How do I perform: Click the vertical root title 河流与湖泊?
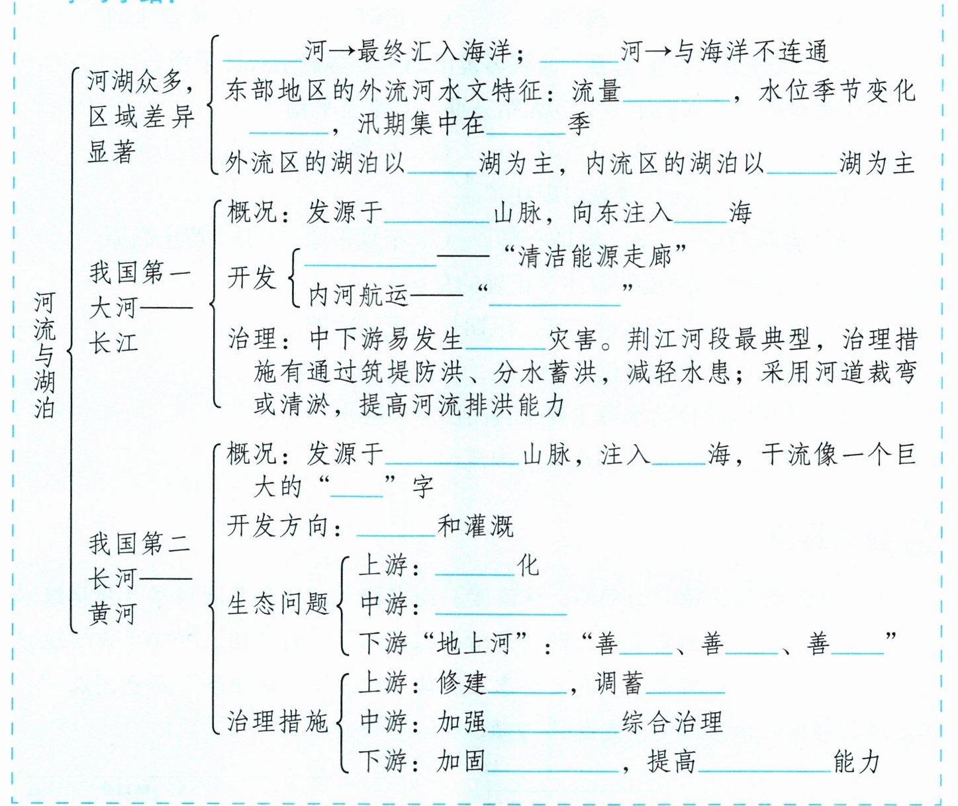point(44,356)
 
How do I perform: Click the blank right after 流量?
point(677,93)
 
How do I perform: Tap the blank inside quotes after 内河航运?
point(554,296)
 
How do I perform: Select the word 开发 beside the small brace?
point(252,277)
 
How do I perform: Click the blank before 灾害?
point(506,340)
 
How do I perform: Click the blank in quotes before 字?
point(357,488)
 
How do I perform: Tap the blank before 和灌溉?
point(396,527)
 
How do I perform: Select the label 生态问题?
point(278,604)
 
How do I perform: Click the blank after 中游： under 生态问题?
point(501,605)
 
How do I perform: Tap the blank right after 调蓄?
point(685,685)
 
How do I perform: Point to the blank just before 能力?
point(764,763)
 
